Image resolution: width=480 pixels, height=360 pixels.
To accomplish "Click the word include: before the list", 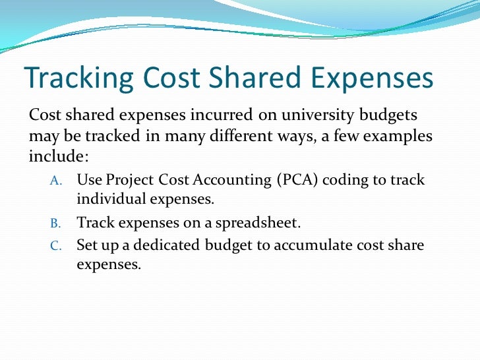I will pos(58,158).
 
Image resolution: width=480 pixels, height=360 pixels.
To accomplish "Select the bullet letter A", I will pos(55,180).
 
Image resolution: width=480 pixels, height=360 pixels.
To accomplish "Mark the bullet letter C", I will pos(55,246).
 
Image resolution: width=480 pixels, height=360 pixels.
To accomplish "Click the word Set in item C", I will pos(87,246).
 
